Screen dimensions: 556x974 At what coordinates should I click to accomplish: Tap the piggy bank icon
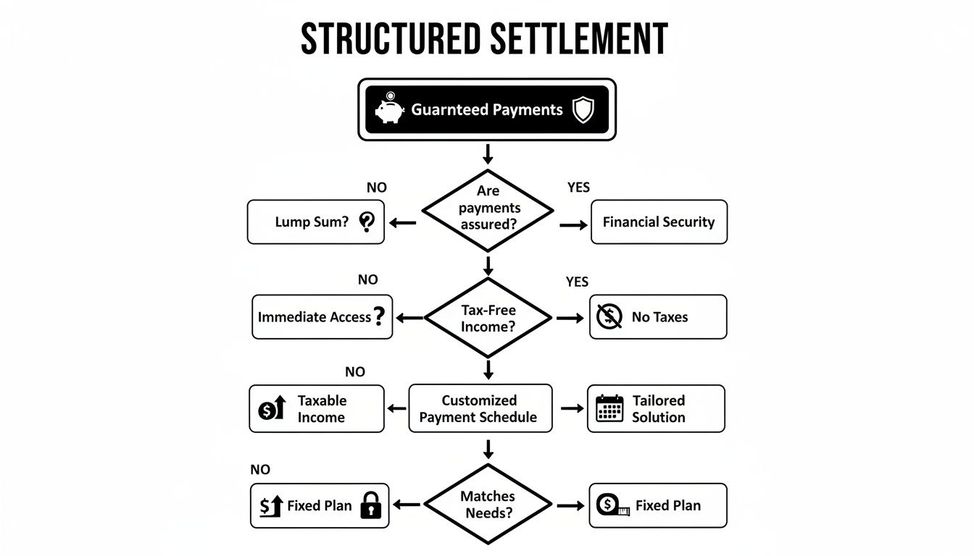tap(389, 109)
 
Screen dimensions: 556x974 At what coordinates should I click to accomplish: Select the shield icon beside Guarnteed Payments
tap(583, 110)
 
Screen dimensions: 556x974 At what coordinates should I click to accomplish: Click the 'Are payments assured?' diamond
tap(488, 208)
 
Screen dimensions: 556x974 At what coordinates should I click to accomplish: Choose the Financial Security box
tap(659, 222)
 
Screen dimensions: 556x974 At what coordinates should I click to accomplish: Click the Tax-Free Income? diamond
tap(488, 318)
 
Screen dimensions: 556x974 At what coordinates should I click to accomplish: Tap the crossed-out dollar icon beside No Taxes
tap(609, 316)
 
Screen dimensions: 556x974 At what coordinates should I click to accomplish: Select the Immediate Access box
tap(322, 316)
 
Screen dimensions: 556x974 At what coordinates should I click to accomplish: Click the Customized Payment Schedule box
tap(480, 408)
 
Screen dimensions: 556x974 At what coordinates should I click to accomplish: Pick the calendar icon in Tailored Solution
tap(609, 408)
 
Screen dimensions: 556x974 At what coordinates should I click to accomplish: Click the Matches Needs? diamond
tap(487, 505)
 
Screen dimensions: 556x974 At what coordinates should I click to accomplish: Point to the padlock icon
tap(371, 505)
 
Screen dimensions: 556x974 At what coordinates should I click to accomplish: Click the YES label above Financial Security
tap(578, 188)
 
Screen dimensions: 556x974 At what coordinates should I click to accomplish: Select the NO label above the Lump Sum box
tap(377, 188)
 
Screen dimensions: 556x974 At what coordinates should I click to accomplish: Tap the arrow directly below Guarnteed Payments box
tap(488, 153)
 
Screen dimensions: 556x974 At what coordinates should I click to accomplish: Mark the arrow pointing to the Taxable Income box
tap(397, 409)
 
